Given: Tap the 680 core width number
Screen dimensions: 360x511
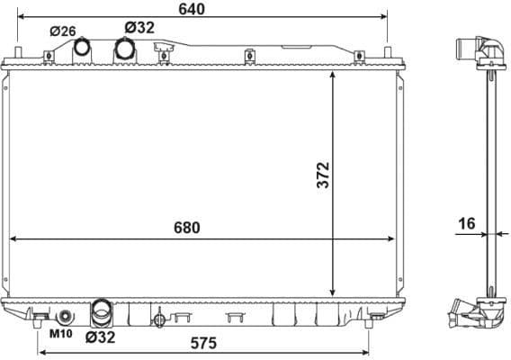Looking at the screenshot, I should tap(184, 227).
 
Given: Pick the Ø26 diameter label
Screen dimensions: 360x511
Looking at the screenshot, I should tap(64, 31).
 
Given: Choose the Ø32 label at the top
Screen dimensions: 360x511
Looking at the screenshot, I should tap(139, 28).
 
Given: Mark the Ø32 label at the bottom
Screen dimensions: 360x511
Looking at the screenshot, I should tap(99, 338).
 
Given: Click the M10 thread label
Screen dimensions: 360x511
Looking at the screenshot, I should tap(60, 334).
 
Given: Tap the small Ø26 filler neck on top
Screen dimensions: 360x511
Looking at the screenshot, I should tap(83, 46).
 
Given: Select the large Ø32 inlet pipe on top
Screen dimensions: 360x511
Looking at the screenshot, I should tap(123, 49).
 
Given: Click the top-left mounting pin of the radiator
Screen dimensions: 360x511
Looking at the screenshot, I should tap(20, 53).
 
